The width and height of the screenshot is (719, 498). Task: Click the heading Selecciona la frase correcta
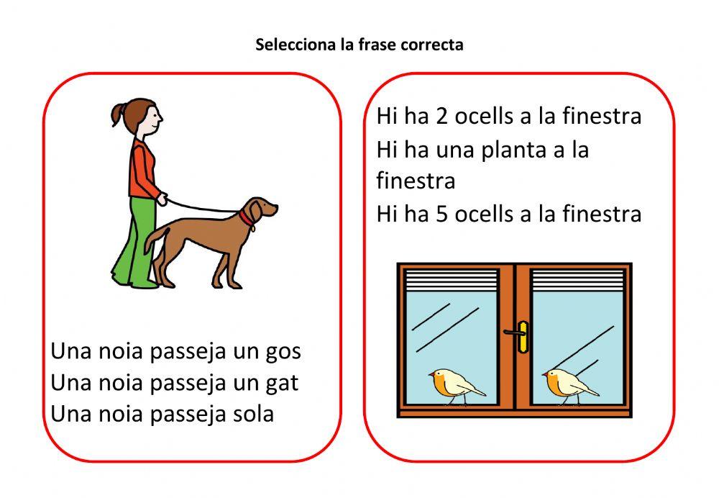(x=359, y=45)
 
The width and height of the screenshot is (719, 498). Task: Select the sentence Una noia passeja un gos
(x=175, y=352)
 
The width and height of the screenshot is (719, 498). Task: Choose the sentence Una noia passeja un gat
(x=174, y=383)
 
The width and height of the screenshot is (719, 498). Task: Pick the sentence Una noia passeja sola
(x=162, y=414)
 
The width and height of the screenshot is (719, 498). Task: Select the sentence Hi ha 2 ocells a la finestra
(x=508, y=116)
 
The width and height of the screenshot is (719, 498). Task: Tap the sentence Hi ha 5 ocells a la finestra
(x=508, y=214)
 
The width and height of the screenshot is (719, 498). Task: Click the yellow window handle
(x=522, y=335)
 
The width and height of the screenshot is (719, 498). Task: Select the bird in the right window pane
(x=567, y=385)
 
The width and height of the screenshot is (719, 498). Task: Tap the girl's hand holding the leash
(x=163, y=199)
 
